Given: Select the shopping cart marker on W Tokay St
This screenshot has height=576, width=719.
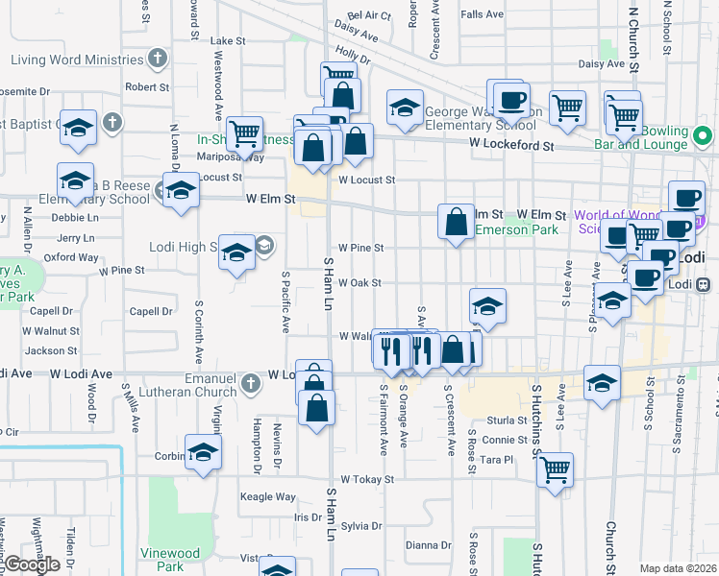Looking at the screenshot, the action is tap(555, 470).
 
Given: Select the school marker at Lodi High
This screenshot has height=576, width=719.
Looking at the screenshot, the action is tap(236, 253).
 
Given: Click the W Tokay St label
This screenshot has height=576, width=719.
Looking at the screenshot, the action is tap(362, 479).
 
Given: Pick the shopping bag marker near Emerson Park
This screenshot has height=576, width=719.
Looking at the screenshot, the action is tap(457, 222).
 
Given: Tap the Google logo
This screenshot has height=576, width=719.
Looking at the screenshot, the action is tap(32, 564).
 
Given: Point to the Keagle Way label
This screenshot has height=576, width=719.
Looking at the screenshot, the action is tap(267, 496).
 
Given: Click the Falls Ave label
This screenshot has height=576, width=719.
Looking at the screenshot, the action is tap(482, 14).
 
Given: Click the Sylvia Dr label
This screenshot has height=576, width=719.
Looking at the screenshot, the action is tap(361, 525).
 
